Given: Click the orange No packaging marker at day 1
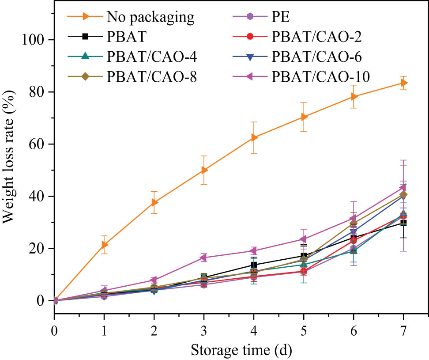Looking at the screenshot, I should [x=105, y=245].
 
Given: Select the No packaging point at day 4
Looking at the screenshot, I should [x=254, y=137].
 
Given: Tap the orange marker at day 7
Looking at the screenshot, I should [x=403, y=83].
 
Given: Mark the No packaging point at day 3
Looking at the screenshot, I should [x=204, y=170].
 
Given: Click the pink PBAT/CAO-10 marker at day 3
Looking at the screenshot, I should [x=204, y=258].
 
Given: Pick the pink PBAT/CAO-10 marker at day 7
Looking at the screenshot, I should [x=403, y=188].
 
